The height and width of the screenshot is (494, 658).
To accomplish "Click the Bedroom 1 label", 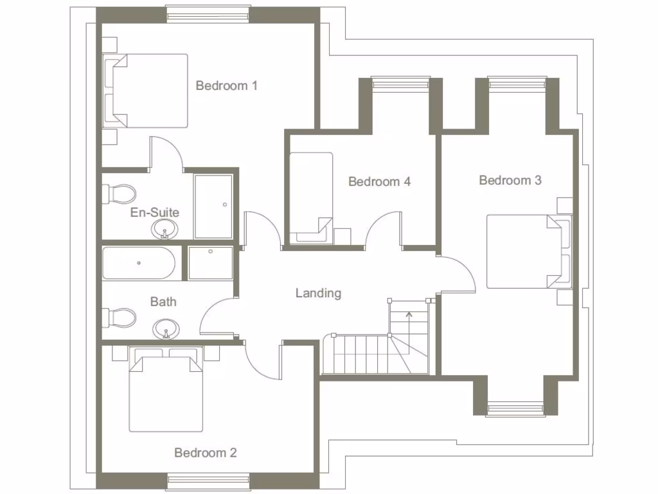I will (226, 86).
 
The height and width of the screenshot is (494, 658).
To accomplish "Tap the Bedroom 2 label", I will (205, 453).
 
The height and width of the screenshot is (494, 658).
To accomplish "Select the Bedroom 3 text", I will (510, 181).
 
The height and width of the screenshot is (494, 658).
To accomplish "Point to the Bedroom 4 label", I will (379, 182).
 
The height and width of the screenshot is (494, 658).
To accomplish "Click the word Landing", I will (318, 293).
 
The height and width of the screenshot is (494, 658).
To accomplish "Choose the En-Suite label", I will (154, 213).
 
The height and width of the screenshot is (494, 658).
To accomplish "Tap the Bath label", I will (163, 301).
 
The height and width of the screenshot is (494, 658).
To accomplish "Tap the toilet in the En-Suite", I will (120, 193).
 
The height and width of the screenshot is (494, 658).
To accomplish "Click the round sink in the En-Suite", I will (166, 228).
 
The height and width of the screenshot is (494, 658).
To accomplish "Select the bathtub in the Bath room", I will (139, 263).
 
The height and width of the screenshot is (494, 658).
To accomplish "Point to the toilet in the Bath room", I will (120, 317).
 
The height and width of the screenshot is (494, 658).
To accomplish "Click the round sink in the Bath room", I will (166, 330).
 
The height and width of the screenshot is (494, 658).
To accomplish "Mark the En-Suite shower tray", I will (213, 206).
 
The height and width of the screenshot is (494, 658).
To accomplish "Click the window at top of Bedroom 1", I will (208, 14).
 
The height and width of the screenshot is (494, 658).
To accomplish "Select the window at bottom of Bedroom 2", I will (208, 481).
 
